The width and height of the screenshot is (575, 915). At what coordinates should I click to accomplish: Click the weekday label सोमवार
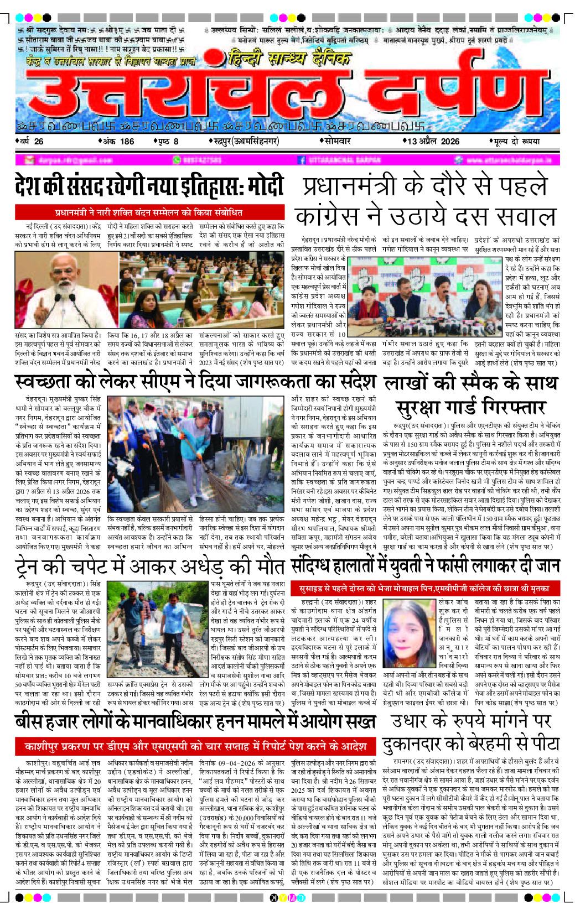click(337, 142)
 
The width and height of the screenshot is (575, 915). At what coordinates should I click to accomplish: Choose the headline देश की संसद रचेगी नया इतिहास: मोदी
click(149, 186)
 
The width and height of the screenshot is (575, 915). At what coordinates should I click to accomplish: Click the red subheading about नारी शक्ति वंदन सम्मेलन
click(149, 212)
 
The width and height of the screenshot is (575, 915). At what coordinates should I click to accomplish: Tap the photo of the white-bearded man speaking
click(65, 290)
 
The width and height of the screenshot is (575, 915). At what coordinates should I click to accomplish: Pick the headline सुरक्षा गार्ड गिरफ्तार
click(471, 408)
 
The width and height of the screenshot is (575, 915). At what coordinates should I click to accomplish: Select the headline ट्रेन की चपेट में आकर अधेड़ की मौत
click(149, 567)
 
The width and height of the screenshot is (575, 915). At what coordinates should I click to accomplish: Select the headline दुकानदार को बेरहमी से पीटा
click(471, 744)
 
